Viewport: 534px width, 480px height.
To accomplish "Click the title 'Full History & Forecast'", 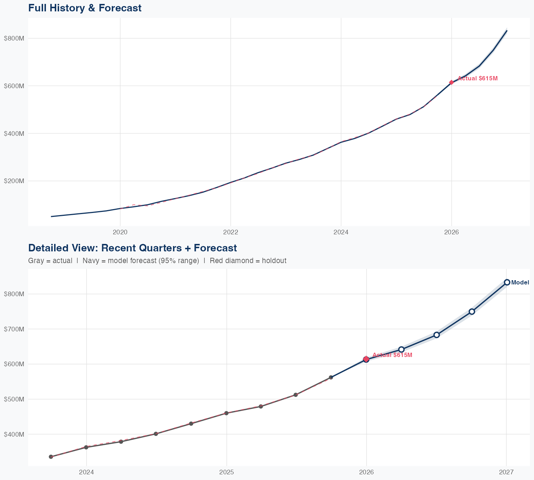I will coord(85,8).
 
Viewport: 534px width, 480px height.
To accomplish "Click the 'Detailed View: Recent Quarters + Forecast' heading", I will coord(132,248).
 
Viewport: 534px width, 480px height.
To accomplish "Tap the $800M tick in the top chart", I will coord(14,38).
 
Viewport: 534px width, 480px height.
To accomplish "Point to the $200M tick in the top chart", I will coord(14,181).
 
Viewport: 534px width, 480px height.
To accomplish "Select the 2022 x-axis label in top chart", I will coord(230,233).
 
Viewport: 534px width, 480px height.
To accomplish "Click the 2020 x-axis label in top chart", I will coord(120,233).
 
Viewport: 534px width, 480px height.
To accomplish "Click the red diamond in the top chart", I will coord(451,82).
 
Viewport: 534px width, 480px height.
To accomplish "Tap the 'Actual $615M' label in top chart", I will coord(477,78).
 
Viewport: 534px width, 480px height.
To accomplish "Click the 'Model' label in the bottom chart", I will coord(520,283).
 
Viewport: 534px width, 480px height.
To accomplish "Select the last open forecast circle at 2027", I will coord(507,282).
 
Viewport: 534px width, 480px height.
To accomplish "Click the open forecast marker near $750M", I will coord(472,311).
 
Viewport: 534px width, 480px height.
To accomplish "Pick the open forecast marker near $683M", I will coord(437,335).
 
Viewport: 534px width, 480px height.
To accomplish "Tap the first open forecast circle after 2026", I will coord(402,350).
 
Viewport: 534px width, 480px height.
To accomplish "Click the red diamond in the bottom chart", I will coord(366,359).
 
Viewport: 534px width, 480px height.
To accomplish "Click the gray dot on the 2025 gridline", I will coord(226,413).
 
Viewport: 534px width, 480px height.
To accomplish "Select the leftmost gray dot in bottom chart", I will coord(51,457).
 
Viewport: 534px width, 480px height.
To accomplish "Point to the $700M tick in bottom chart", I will coord(14,329).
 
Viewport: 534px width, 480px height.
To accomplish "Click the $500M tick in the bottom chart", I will coord(14,399).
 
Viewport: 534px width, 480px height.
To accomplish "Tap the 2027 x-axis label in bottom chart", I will coord(506,472).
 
